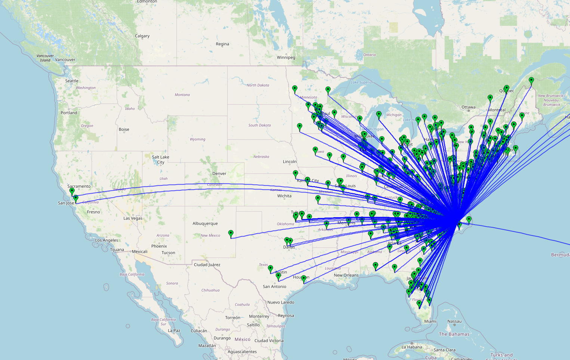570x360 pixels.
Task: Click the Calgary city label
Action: coord(142,36)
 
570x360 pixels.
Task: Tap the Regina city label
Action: coord(222,44)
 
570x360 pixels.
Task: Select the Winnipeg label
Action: coord(286,58)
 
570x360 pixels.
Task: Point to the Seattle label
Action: coord(72,81)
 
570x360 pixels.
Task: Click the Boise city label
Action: coord(124,130)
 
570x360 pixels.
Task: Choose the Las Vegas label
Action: coord(133,218)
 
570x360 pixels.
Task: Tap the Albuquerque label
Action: coord(205,224)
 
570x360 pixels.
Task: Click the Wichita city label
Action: coord(284,196)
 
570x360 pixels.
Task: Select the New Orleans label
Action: coord(346,275)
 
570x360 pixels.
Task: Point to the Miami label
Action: coord(430,321)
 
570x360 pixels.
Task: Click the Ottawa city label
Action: coord(468,107)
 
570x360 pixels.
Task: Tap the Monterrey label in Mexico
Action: coord(259,316)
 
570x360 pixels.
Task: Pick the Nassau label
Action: coord(454,321)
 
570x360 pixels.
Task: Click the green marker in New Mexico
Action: coord(231,234)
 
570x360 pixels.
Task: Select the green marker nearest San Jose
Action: coord(76,199)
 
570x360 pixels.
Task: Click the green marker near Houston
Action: coord(304,279)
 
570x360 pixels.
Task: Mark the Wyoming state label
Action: coord(197,139)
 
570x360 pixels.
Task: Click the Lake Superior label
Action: coord(362,83)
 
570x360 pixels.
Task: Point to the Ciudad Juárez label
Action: coord(207,265)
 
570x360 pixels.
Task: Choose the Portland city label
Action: coord(69,113)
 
